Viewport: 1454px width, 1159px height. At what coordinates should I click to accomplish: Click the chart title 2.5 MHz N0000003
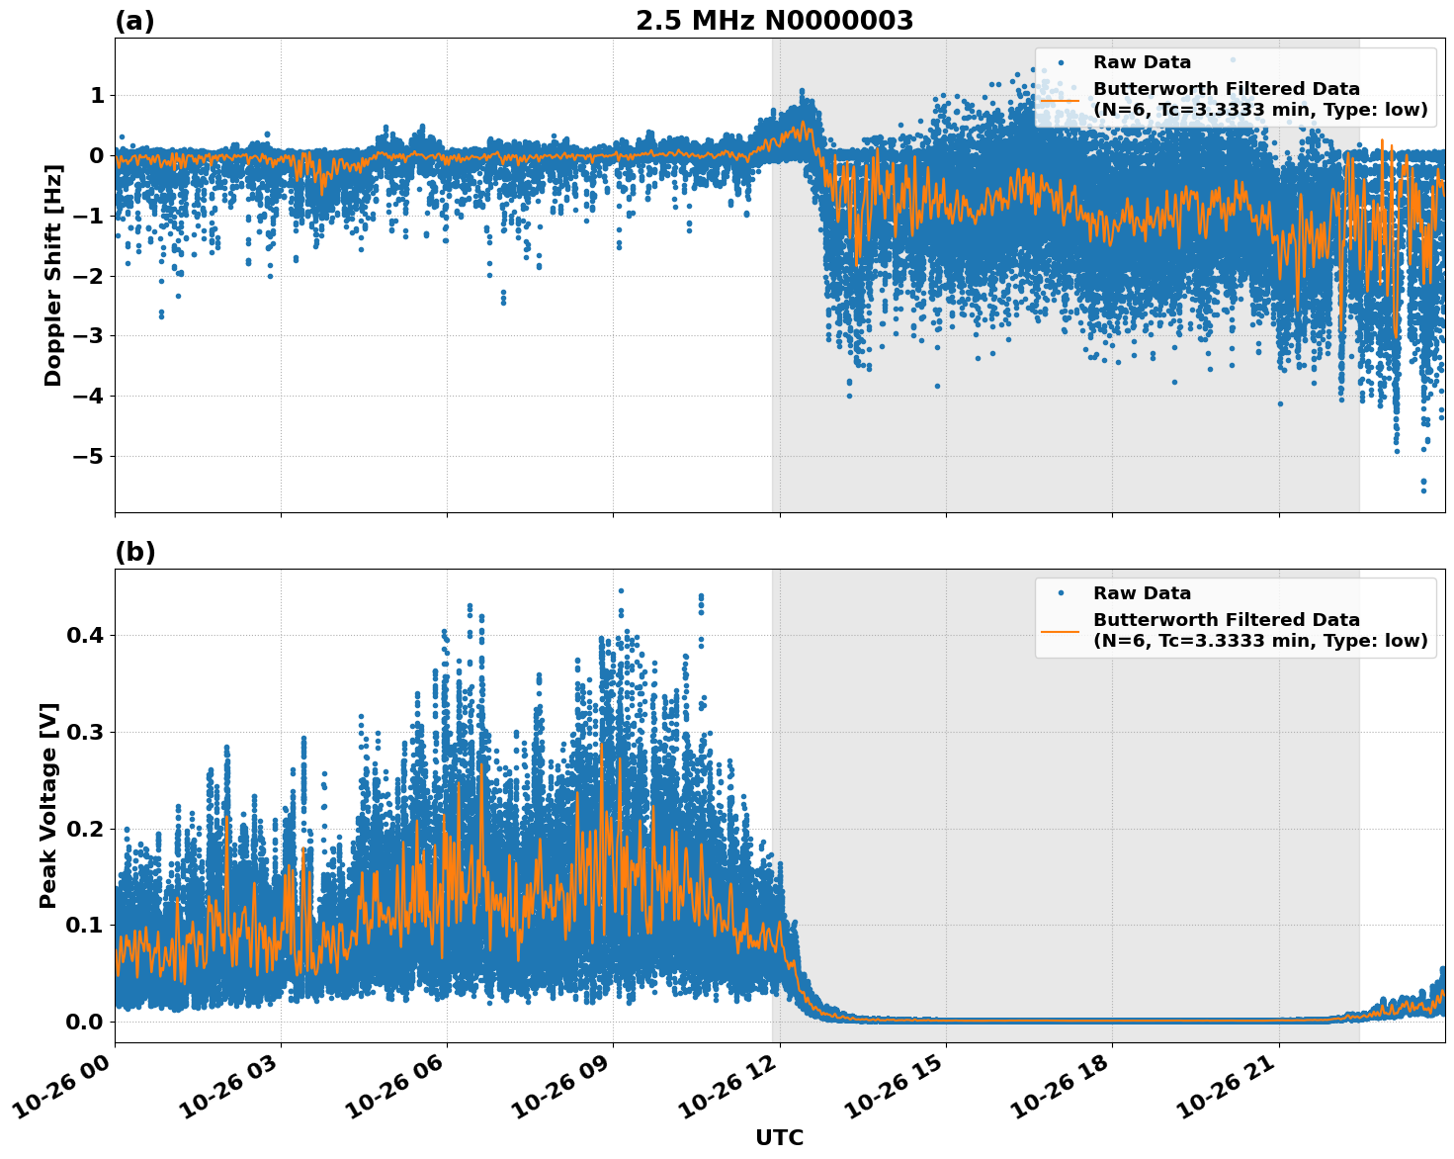(774, 21)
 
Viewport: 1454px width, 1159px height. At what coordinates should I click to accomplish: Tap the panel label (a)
(134, 21)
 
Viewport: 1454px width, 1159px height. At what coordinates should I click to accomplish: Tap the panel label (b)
(134, 552)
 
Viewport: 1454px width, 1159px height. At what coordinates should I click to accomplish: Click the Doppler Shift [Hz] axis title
(53, 276)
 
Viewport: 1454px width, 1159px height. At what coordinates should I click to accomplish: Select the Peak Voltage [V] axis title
(48, 805)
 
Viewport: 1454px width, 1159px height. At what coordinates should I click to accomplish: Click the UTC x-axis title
(779, 1137)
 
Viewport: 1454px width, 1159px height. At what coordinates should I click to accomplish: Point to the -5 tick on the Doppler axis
(84, 457)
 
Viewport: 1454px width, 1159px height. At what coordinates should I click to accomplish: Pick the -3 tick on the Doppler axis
(84, 336)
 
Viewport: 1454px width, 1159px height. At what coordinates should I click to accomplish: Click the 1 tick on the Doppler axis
(96, 96)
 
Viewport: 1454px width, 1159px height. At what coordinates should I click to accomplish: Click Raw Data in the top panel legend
(1142, 62)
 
